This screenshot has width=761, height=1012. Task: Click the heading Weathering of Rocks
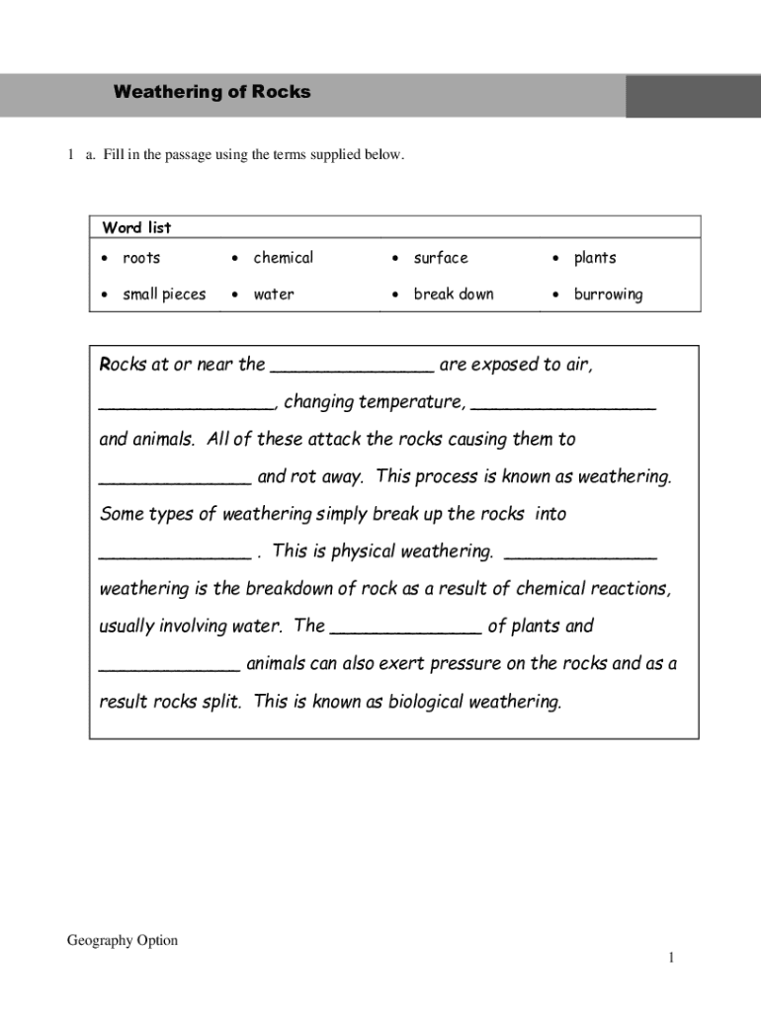tap(211, 92)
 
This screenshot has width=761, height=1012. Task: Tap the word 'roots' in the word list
tap(141, 258)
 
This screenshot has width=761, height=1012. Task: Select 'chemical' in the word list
tap(283, 258)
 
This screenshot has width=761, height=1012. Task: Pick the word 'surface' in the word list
tap(441, 258)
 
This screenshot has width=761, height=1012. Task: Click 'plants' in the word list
tap(595, 258)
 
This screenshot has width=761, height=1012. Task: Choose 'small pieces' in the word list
tap(164, 295)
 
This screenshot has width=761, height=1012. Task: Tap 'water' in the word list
tap(274, 295)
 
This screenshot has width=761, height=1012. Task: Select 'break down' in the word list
tap(454, 295)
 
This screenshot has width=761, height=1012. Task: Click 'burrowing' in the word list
tap(608, 295)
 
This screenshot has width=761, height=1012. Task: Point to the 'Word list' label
tap(136, 228)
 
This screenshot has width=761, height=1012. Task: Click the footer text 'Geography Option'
tap(123, 941)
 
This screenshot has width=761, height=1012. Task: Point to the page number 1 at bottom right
tap(670, 958)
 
